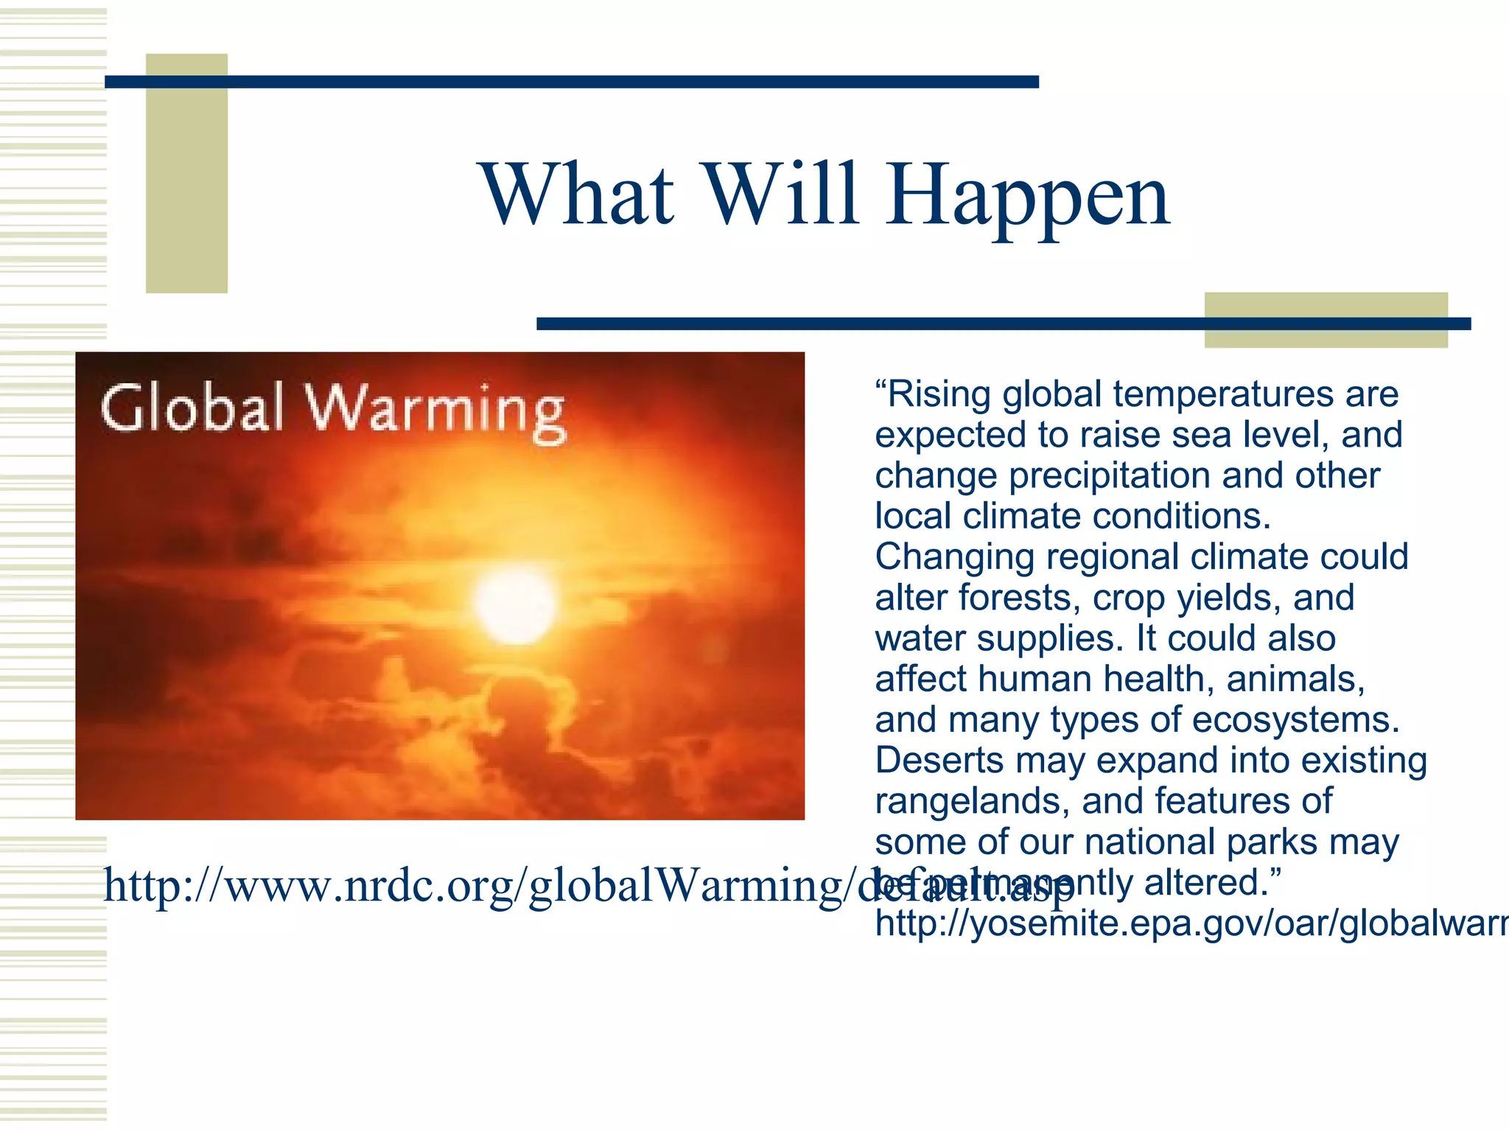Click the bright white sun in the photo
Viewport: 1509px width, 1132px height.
pos(515,604)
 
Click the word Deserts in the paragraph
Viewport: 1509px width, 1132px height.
pos(939,760)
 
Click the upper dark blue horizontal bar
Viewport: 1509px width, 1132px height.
pos(571,82)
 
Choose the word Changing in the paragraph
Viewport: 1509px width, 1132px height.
pos(954,557)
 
